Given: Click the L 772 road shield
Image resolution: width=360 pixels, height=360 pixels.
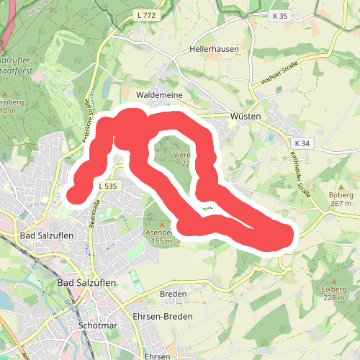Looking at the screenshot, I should coord(145,14).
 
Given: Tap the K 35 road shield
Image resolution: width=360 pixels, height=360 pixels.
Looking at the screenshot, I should coord(280,14).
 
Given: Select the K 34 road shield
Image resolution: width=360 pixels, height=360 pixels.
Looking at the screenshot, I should coord(302,143).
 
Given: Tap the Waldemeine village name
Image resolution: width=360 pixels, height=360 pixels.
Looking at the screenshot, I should coord(159,95).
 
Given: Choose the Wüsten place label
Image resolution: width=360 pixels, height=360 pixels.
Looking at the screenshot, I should coord(245,116).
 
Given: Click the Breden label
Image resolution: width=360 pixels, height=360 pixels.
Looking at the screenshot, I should coord(173,294).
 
